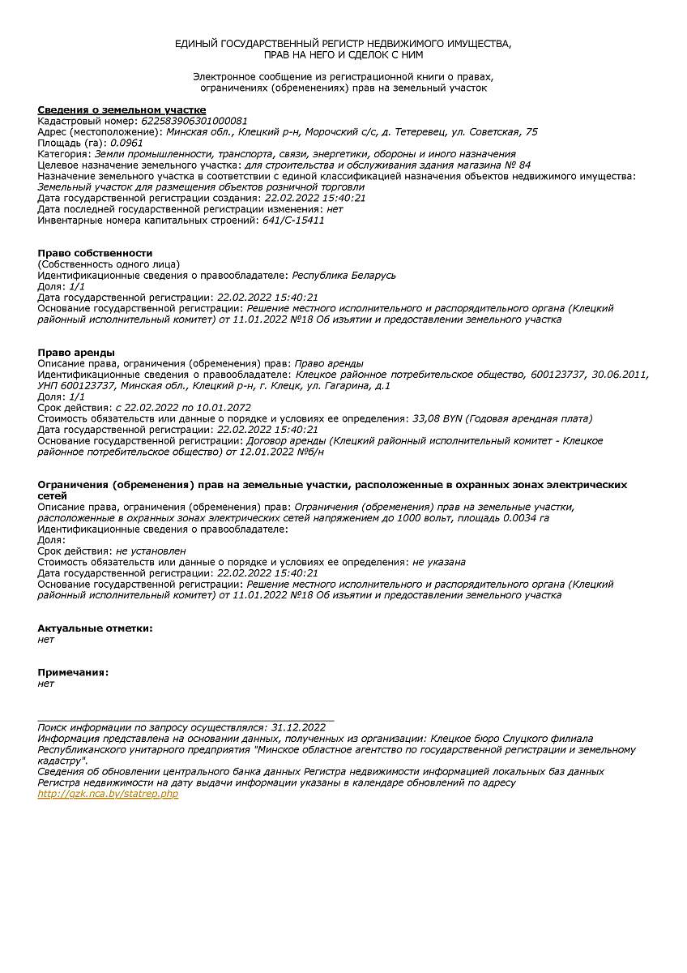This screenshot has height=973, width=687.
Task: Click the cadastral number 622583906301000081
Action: coord(194,121)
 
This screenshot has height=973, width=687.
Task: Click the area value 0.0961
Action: coord(126,143)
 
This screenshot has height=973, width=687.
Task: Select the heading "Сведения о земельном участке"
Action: coord(122,109)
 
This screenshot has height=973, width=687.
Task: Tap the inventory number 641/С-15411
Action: coord(293,220)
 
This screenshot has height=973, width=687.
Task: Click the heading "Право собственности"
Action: coord(95,253)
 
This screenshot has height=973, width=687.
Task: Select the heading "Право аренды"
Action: coord(76,352)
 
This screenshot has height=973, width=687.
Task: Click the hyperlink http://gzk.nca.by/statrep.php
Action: coord(108,794)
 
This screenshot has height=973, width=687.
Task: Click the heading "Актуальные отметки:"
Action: coord(95,628)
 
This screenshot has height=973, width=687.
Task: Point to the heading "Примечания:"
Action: coord(73,672)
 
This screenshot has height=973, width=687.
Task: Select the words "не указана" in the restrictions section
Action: coord(438,562)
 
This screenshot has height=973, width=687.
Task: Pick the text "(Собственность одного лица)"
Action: coord(109,264)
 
